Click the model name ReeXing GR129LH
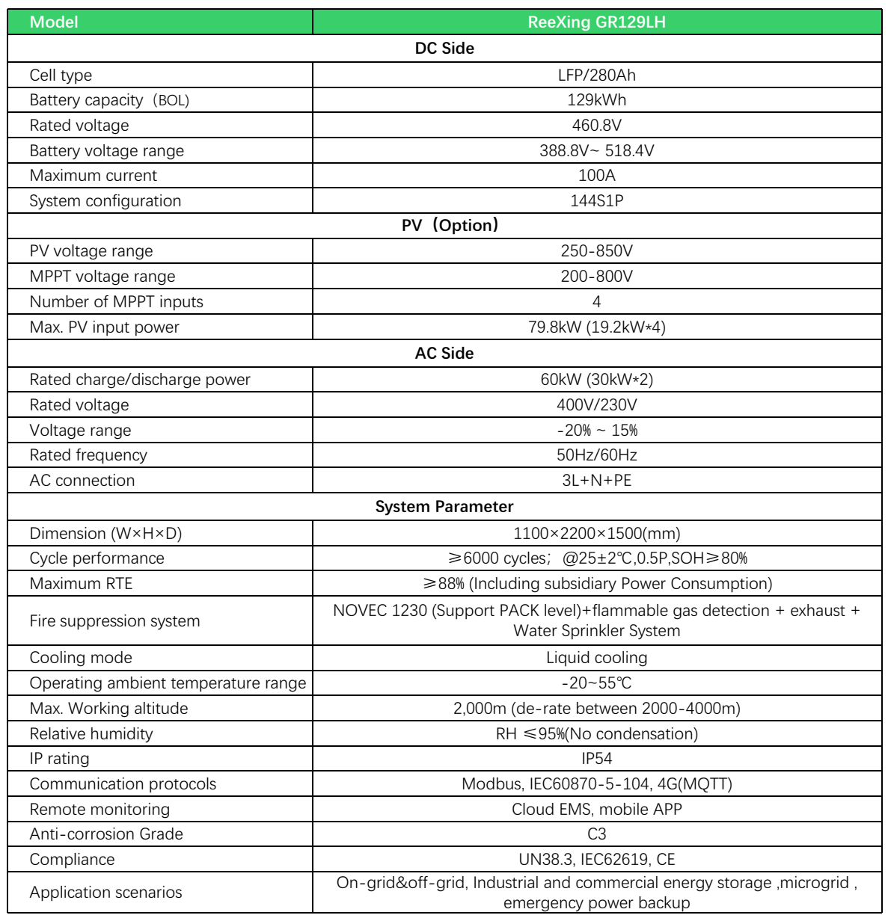596,22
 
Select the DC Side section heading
444,49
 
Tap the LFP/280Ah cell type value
596,75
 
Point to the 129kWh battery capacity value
596,100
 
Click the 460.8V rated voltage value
596,126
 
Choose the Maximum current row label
94,176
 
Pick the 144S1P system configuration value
596,201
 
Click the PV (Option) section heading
450,226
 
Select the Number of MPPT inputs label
117,302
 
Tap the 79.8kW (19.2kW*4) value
596,327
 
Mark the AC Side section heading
444,354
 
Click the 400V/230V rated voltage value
596,405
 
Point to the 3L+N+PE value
596,481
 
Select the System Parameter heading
444,507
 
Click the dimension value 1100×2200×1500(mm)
596,534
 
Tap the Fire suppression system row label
115,621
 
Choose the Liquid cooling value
596,658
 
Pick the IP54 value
596,759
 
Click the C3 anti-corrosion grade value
596,834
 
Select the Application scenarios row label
106,893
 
